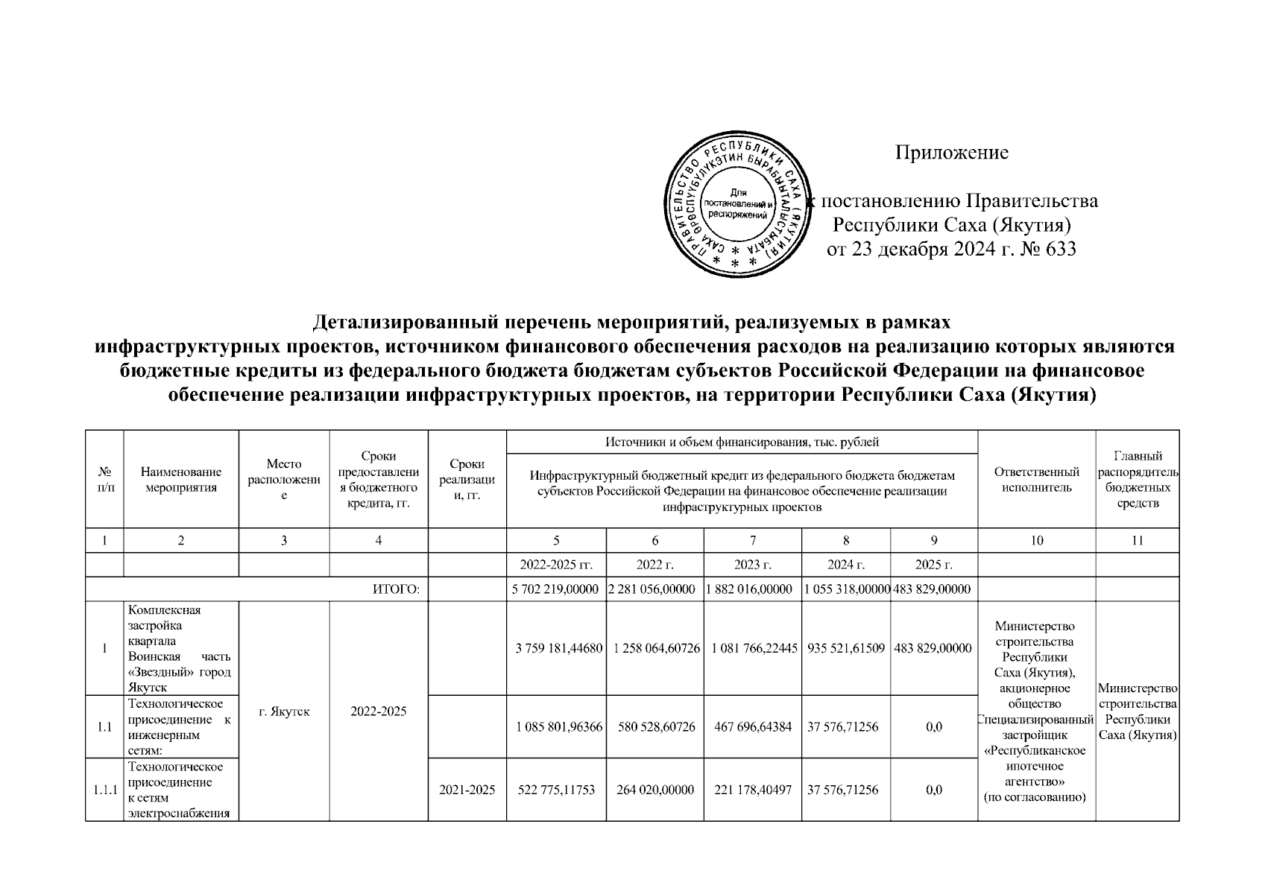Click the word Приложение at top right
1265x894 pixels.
951,153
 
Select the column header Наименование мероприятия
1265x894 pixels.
180,480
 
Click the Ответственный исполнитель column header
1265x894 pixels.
1036,480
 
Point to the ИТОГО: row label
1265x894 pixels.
396,589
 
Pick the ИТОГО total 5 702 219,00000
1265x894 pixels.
555,589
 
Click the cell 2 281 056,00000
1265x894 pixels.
654,589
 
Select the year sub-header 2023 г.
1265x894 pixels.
752,565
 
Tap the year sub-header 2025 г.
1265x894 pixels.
933,565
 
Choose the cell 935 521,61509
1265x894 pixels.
845,648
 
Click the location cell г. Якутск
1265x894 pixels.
284,711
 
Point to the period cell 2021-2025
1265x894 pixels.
467,790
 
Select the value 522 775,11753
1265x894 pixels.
556,790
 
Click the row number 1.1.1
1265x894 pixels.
104,790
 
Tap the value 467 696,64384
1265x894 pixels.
752,727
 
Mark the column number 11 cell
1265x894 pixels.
1137,541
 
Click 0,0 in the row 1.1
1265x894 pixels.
933,727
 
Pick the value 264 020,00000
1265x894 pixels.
654,790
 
